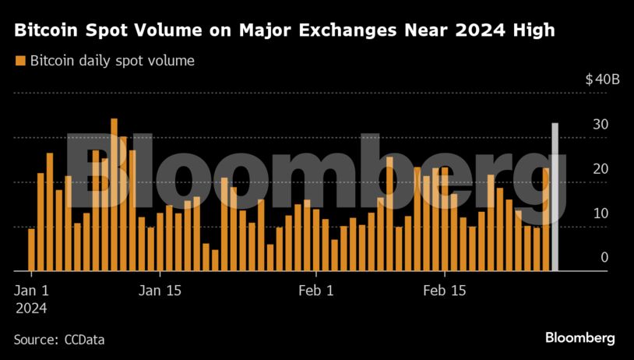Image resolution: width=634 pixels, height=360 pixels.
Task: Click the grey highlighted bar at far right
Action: click(x=555, y=198)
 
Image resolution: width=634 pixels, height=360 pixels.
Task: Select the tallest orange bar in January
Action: click(x=114, y=195)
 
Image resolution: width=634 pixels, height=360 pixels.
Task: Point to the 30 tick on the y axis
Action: click(x=600, y=125)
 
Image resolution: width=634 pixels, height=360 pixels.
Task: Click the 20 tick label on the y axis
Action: click(x=600, y=169)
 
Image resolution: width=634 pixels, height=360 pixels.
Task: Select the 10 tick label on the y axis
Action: click(x=600, y=214)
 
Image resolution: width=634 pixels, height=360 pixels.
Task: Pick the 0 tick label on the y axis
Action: click(x=604, y=258)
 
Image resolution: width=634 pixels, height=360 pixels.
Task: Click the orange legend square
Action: click(x=19, y=61)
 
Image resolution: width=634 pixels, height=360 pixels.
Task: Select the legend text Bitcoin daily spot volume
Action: click(x=112, y=61)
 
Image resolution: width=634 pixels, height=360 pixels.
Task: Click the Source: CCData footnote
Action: click(x=59, y=340)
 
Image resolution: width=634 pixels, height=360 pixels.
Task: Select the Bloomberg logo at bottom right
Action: click(x=579, y=338)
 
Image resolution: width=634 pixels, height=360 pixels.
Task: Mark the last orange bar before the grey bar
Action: click(x=545, y=220)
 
